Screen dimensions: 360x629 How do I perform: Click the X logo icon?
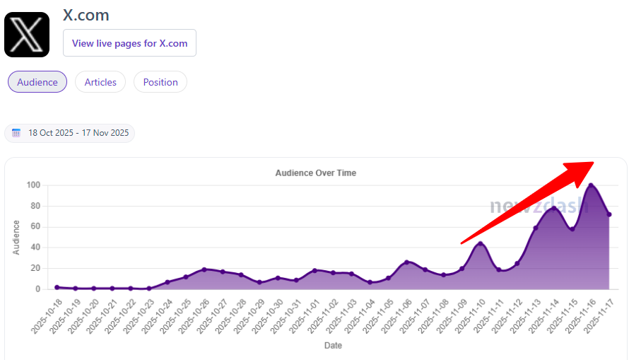tap(27, 34)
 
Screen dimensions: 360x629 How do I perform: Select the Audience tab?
tap(37, 82)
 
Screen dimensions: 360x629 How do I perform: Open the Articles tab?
tap(100, 82)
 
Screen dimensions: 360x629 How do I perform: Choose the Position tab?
tap(160, 82)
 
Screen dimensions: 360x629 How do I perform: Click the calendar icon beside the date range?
tap(16, 133)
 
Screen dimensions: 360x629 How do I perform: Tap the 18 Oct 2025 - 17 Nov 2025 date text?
tap(78, 133)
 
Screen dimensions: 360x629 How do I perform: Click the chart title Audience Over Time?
tap(315, 173)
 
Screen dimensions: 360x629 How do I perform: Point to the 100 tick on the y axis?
tap(33, 185)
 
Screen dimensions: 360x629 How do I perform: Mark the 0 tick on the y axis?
tap(38, 289)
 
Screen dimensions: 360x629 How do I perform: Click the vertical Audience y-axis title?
tap(16, 238)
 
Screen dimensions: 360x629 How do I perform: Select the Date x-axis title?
tap(333, 346)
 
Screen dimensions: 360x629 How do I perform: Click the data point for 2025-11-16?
tap(591, 185)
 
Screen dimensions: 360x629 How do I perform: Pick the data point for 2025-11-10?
tap(481, 244)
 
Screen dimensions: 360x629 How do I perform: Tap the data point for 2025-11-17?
tap(609, 214)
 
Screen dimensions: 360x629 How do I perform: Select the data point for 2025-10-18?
tap(57, 287)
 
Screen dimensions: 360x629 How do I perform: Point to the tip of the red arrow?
tap(593, 162)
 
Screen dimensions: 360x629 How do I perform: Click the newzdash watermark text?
tap(539, 205)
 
